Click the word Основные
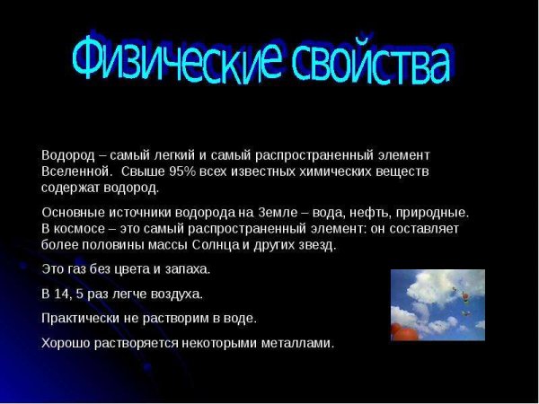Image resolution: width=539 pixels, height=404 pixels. click(74, 212)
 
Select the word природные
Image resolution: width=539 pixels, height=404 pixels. click(434, 212)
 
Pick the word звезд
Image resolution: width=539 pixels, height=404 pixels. click(314, 244)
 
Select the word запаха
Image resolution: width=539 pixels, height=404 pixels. click(186, 268)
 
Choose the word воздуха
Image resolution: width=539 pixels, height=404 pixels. click(175, 293)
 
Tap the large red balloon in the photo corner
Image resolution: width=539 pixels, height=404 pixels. click(402, 332)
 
